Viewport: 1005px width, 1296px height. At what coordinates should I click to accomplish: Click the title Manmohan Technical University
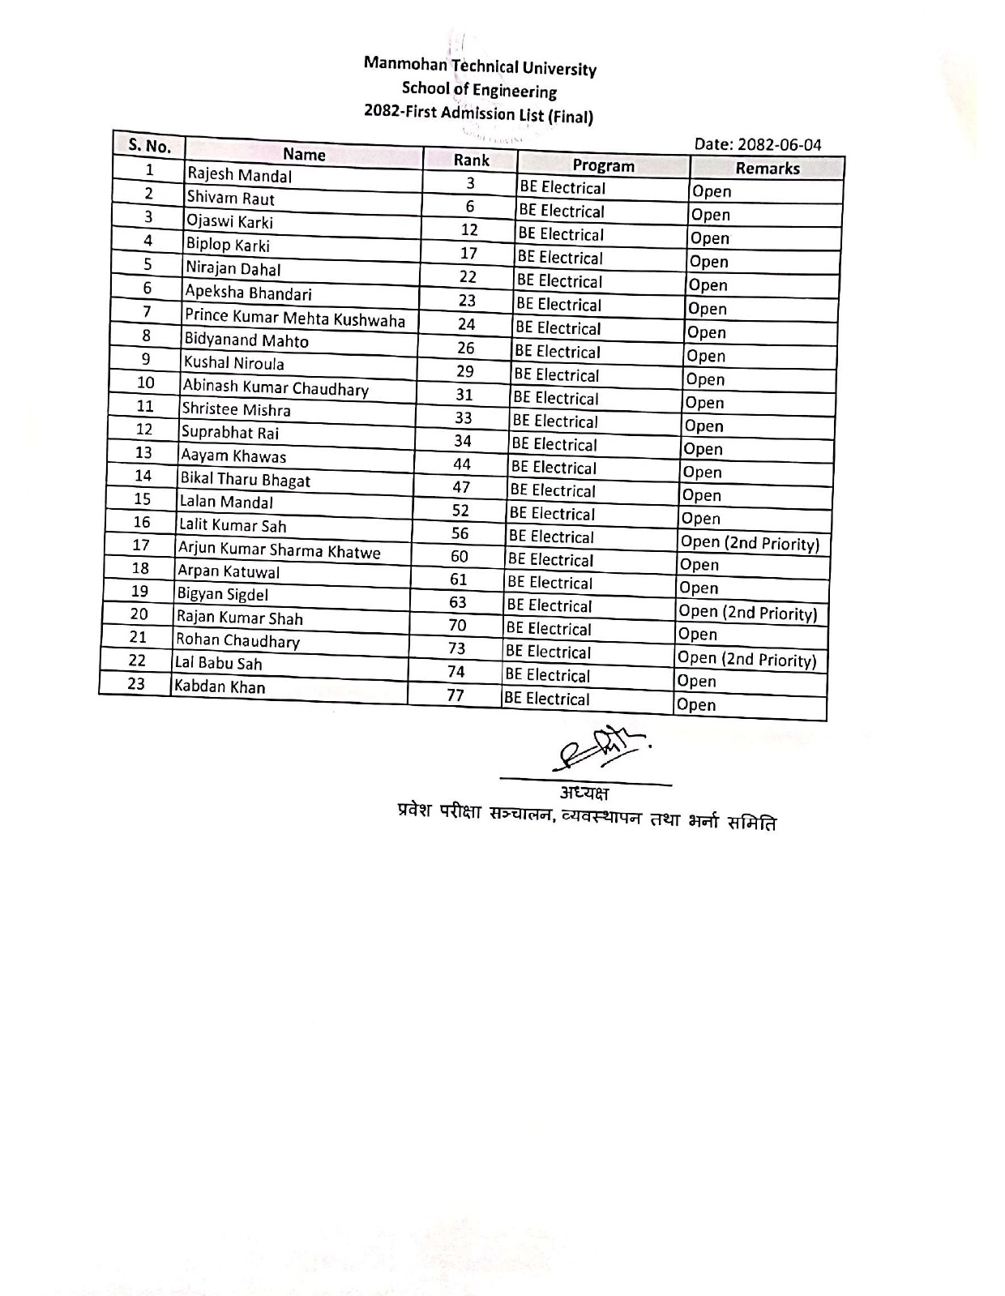point(480,66)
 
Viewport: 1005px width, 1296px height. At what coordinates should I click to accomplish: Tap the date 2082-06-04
point(758,144)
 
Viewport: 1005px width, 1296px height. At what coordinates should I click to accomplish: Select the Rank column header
point(471,160)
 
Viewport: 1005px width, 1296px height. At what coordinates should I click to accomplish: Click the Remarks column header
point(767,169)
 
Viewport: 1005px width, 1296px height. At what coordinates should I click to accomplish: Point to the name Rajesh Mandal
point(239,175)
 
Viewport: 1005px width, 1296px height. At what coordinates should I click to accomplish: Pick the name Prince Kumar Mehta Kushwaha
point(295,318)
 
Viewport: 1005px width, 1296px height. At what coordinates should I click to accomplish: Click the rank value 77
point(455,695)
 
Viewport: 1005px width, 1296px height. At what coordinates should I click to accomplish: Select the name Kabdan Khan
point(220,686)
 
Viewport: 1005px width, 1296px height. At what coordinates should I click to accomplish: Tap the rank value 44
point(462,464)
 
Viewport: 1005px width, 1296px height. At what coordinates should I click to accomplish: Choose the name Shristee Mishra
point(236,409)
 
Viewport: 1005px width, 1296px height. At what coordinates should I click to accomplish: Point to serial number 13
point(143,452)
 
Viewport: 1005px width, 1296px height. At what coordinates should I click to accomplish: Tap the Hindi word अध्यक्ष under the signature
point(584,792)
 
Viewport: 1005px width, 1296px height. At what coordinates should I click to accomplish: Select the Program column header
point(603,165)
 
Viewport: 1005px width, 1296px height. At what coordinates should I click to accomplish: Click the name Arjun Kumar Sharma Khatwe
point(279,550)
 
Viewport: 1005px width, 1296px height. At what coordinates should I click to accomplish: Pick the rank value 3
point(470,183)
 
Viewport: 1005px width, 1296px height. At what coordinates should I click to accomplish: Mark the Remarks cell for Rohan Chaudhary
point(746,659)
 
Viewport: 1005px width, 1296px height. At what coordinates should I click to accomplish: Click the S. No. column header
point(149,146)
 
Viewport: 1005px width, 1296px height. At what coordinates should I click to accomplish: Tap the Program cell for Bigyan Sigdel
point(549,605)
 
